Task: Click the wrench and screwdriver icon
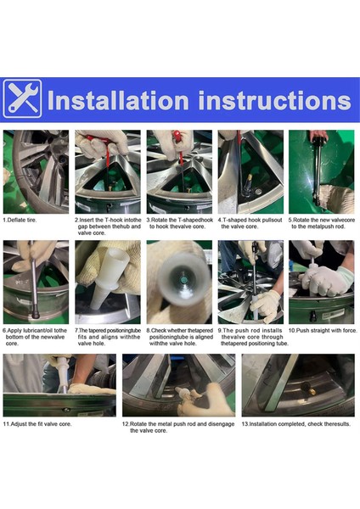[x=22, y=98]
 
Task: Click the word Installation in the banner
[x=121, y=99]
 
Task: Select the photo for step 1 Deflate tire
[x=36, y=171]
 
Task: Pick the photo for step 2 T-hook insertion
[x=107, y=171]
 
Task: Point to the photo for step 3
[x=179, y=171]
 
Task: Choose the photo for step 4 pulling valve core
[x=250, y=171]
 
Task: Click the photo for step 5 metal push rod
[x=321, y=171]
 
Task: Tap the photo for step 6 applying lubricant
[x=36, y=282]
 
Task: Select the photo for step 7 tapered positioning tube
[x=107, y=282]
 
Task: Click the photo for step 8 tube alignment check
[x=179, y=282]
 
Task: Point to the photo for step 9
[x=250, y=282]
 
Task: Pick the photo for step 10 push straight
[x=321, y=282]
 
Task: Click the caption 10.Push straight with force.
[x=321, y=330]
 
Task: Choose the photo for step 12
[x=177, y=385]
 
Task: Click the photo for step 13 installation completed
[x=297, y=385]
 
